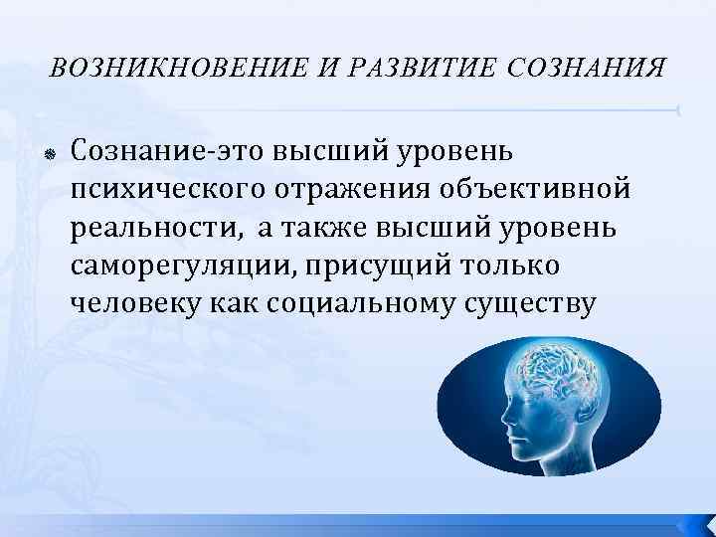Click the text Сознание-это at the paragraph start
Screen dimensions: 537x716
[x=150, y=152]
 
